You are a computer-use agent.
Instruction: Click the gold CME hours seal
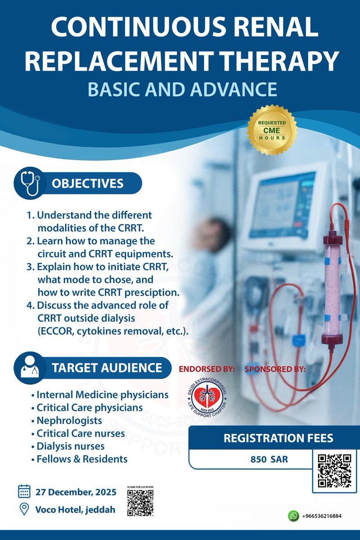(x=272, y=130)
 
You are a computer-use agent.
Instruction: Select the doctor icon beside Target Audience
(x=30, y=367)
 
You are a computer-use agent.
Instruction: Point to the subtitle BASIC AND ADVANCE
(x=182, y=89)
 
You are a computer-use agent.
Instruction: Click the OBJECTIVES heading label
(x=87, y=184)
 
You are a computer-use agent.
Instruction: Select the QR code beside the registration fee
(x=334, y=471)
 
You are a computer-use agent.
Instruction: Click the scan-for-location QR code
(x=140, y=502)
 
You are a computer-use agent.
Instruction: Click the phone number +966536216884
(x=322, y=516)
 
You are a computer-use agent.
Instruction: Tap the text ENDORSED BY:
(x=207, y=369)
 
